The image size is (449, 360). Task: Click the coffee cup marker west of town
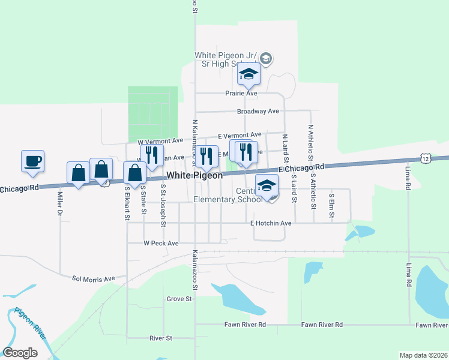[32, 161]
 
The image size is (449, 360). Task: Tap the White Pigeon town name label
[194, 176]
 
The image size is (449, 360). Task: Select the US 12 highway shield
[426, 158]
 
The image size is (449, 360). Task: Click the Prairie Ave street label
[241, 94]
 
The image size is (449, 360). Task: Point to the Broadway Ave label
[258, 112]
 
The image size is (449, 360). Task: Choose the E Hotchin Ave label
[271, 223]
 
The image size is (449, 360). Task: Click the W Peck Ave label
[161, 243]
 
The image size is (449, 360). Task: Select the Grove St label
[179, 298]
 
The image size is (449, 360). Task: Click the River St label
[160, 338]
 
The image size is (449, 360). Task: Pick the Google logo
[20, 353]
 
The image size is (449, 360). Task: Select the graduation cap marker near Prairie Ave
[248, 74]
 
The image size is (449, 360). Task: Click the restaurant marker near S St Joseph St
[152, 155]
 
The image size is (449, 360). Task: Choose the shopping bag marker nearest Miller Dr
[79, 173]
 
